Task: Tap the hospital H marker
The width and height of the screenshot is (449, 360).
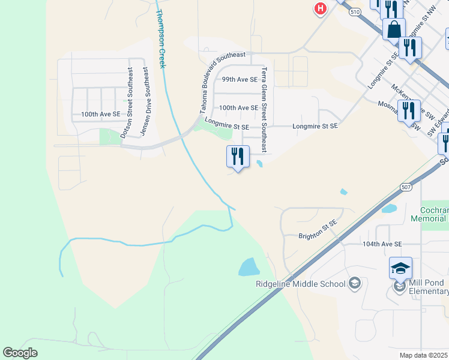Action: coord(321,8)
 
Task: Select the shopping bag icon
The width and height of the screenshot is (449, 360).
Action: coord(394,29)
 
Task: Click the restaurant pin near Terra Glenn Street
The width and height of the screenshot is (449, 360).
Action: coord(238,156)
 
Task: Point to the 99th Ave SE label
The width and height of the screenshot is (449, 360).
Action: coord(240,79)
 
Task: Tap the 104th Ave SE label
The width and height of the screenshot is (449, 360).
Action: coord(382,244)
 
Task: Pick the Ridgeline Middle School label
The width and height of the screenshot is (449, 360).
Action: coord(301,284)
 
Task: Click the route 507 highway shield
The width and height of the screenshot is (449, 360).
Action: coord(406,187)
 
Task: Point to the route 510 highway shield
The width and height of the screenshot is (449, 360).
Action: coord(355,11)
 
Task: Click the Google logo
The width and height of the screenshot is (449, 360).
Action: coord(20,353)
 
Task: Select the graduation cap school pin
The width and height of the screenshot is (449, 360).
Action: coord(400,268)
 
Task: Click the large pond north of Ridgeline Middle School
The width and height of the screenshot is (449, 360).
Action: coord(249,267)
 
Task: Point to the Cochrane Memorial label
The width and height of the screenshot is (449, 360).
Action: coord(429,215)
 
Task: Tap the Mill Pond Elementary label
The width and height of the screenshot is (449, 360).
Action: coord(427,287)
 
